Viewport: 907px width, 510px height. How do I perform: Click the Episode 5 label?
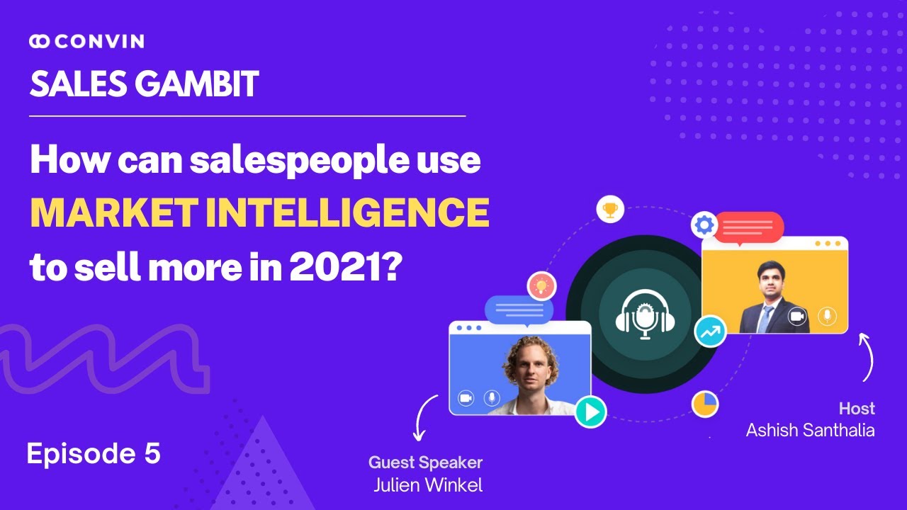pyautogui.click(x=94, y=454)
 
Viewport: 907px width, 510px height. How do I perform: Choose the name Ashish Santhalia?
pyautogui.click(x=810, y=429)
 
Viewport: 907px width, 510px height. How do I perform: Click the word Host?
pyautogui.click(x=857, y=408)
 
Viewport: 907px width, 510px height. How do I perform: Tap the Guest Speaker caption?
pyautogui.click(x=425, y=463)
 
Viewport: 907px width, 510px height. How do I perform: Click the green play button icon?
pyautogui.click(x=590, y=411)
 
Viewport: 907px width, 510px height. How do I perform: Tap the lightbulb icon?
pyautogui.click(x=541, y=286)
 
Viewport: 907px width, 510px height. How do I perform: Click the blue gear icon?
pyautogui.click(x=704, y=225)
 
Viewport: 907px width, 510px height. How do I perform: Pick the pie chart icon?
pyautogui.click(x=705, y=404)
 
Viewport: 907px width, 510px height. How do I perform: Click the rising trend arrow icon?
pyautogui.click(x=709, y=331)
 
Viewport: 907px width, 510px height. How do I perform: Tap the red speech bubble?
pyautogui.click(x=748, y=227)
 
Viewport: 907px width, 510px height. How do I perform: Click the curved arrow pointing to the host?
pyautogui.click(x=867, y=357)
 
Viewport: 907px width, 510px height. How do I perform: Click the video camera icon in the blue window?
pyautogui.click(x=466, y=398)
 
